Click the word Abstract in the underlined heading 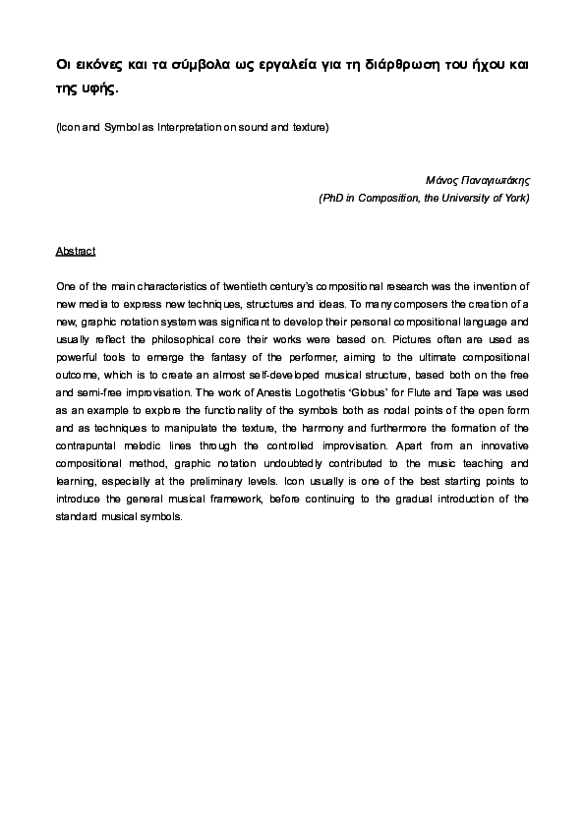pyautogui.click(x=76, y=252)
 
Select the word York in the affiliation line pyautogui.click(x=516, y=198)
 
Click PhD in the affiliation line pyautogui.click(x=331, y=198)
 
